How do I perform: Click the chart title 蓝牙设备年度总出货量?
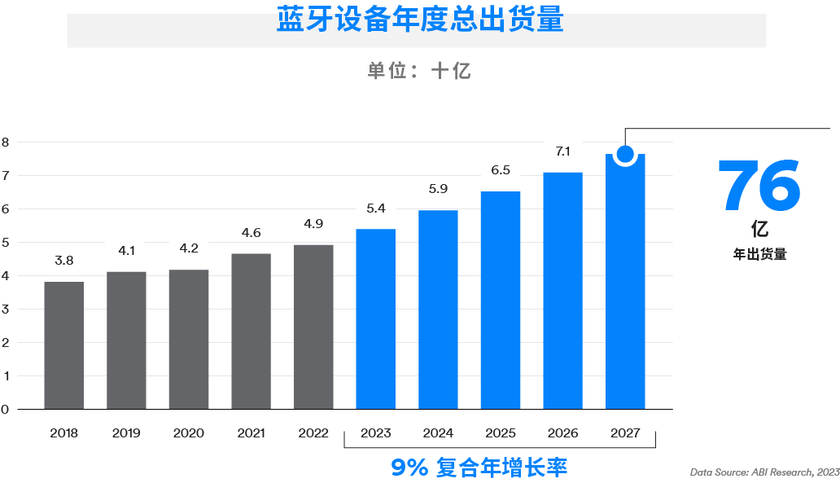(419, 20)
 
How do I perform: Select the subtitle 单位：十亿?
(419, 71)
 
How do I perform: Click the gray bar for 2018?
(64, 345)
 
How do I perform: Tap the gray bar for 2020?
(189, 340)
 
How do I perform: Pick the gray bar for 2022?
(313, 327)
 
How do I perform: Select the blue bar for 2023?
(376, 319)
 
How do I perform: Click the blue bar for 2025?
(501, 301)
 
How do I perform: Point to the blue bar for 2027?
(625, 285)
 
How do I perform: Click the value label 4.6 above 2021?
(252, 233)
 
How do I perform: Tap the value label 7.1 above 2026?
(562, 151)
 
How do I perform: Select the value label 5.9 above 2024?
(438, 189)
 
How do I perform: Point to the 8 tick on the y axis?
(5, 142)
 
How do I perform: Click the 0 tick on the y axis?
(5, 409)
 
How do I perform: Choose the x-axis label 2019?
(126, 433)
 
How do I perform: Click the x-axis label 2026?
(562, 433)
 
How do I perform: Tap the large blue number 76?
(759, 185)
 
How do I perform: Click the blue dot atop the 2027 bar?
(625, 154)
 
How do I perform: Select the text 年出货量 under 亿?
(759, 254)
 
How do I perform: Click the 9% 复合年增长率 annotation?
(479, 468)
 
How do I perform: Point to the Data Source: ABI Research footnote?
(764, 472)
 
